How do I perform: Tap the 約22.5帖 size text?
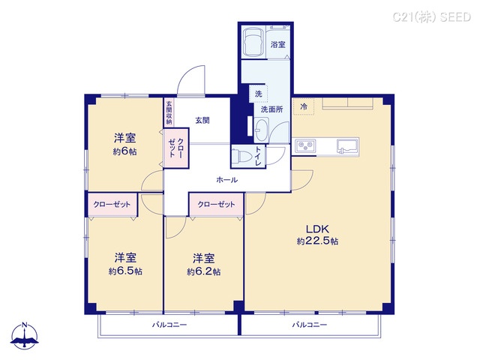pos(317,241)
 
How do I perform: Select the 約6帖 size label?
pos(124,151)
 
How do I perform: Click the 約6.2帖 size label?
pos(203,271)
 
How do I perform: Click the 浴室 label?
pos(277,45)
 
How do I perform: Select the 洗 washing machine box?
pos(258,94)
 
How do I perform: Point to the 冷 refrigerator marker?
pos(304,106)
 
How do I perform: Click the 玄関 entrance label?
pos(202,120)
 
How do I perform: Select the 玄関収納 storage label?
pos(169,112)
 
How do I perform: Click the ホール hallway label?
pos(226,180)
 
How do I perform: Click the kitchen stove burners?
pos(305,145)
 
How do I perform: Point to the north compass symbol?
pos(26,337)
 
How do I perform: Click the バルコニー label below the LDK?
pos(310,325)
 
